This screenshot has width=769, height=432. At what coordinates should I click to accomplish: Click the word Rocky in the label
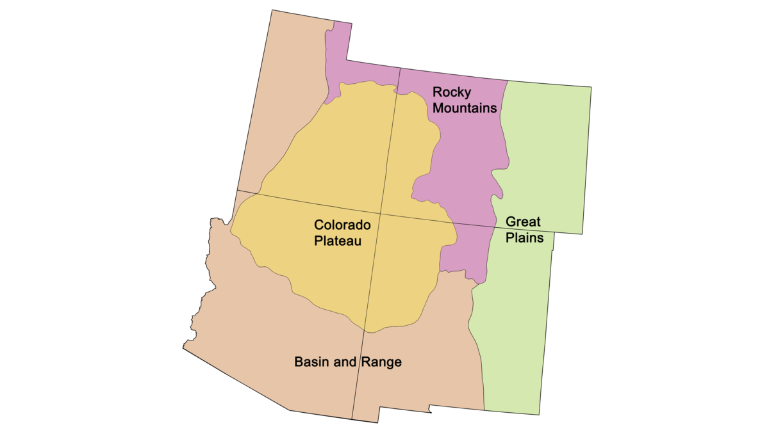[451, 92]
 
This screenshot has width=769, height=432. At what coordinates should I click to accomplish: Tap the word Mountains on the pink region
[465, 108]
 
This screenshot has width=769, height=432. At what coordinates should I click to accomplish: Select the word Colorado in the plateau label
[342, 225]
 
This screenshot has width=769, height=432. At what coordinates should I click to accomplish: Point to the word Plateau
[338, 241]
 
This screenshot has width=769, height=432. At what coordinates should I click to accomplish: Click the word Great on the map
[523, 222]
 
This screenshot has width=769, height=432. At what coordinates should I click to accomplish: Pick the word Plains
[525, 238]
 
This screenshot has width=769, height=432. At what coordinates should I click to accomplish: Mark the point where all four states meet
[381, 214]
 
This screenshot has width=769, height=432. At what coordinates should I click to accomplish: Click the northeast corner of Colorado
[591, 88]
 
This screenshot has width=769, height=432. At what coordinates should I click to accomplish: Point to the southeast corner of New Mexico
[540, 414]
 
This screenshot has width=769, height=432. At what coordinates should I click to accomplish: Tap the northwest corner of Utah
[272, 10]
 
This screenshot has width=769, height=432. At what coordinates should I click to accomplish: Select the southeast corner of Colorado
[583, 234]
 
